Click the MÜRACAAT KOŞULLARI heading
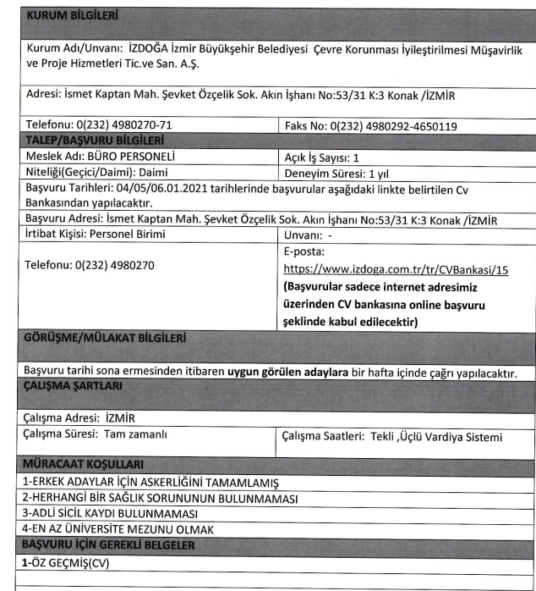(x=79, y=464)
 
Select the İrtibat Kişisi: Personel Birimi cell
(x=96, y=234)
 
